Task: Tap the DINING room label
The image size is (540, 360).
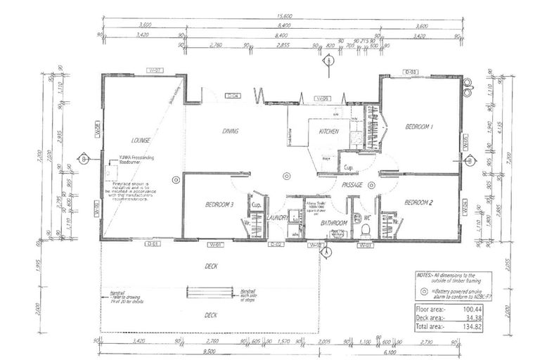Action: pyautogui.click(x=231, y=131)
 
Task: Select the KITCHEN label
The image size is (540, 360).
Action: pyautogui.click(x=329, y=131)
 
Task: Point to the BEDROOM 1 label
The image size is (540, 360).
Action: pyautogui.click(x=419, y=127)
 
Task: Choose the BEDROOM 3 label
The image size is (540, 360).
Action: pyautogui.click(x=219, y=205)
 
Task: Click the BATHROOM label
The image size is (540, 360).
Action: pyautogui.click(x=334, y=223)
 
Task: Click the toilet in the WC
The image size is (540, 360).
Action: pyautogui.click(x=365, y=229)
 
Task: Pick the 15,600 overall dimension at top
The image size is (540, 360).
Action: pyautogui.click(x=284, y=15)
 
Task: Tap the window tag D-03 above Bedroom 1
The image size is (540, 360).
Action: pyautogui.click(x=411, y=72)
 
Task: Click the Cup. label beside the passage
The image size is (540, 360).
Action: pyautogui.click(x=348, y=168)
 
